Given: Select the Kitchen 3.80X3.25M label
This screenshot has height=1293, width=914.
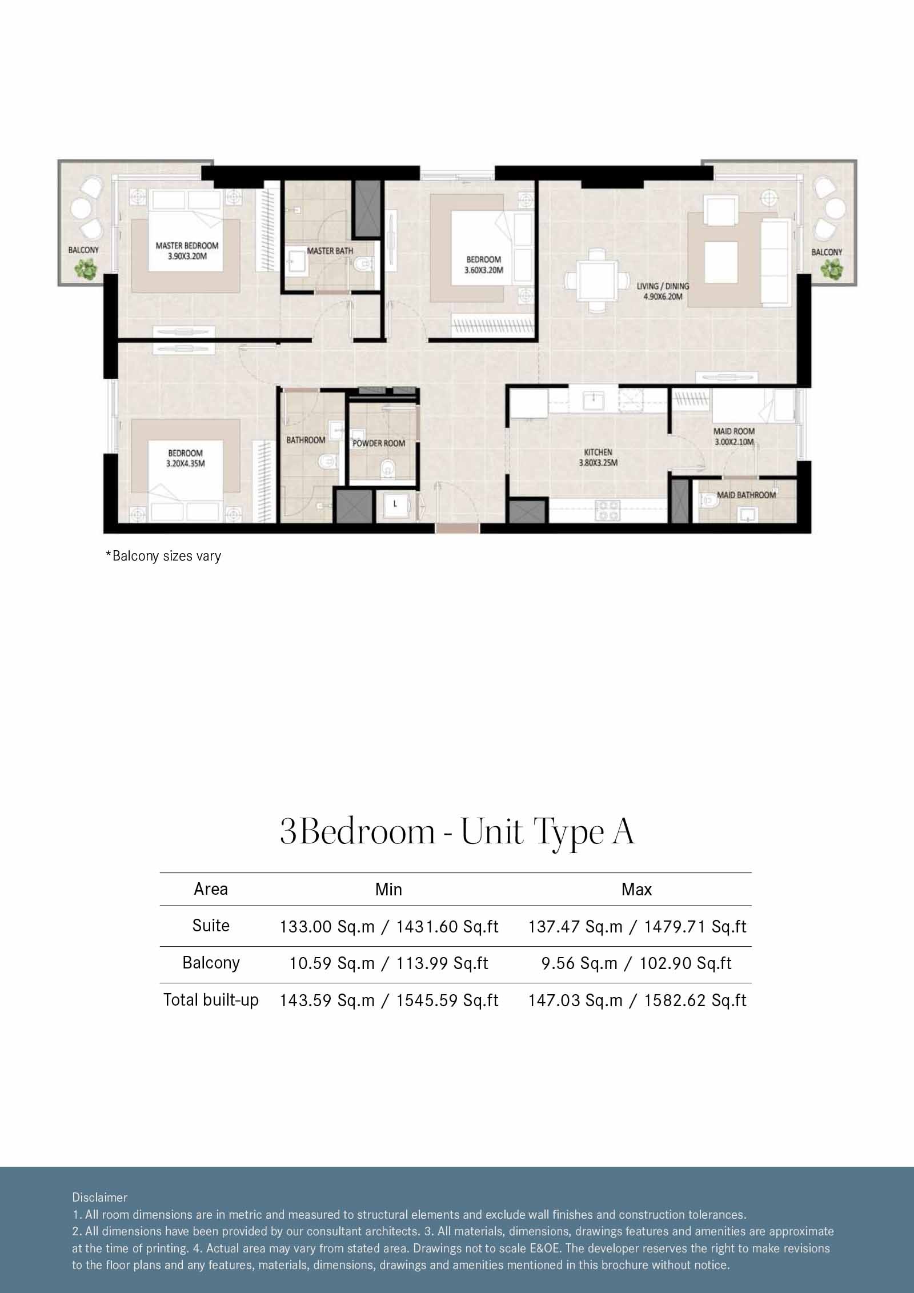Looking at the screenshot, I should pos(598,458).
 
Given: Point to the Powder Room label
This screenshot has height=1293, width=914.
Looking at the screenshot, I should pos(379,443).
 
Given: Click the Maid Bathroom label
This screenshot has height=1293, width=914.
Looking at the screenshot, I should pos(746,495).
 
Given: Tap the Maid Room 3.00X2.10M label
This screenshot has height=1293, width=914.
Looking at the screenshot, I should pos(733,437).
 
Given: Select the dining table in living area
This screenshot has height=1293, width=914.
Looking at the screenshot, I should pos(596,280).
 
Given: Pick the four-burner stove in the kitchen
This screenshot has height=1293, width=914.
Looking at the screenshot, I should pos(608,510).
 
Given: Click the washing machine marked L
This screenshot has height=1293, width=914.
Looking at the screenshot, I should pos(395,505).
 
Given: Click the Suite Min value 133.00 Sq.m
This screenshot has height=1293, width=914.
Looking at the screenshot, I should pos(388,927).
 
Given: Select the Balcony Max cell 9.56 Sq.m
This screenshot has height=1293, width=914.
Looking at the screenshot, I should pos(636,963).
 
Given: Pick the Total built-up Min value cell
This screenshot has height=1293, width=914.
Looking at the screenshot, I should pos(388,1000).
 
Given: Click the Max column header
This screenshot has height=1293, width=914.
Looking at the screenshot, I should pos(636,890).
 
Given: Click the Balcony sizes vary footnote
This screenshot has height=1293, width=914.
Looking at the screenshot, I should pos(163,556).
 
